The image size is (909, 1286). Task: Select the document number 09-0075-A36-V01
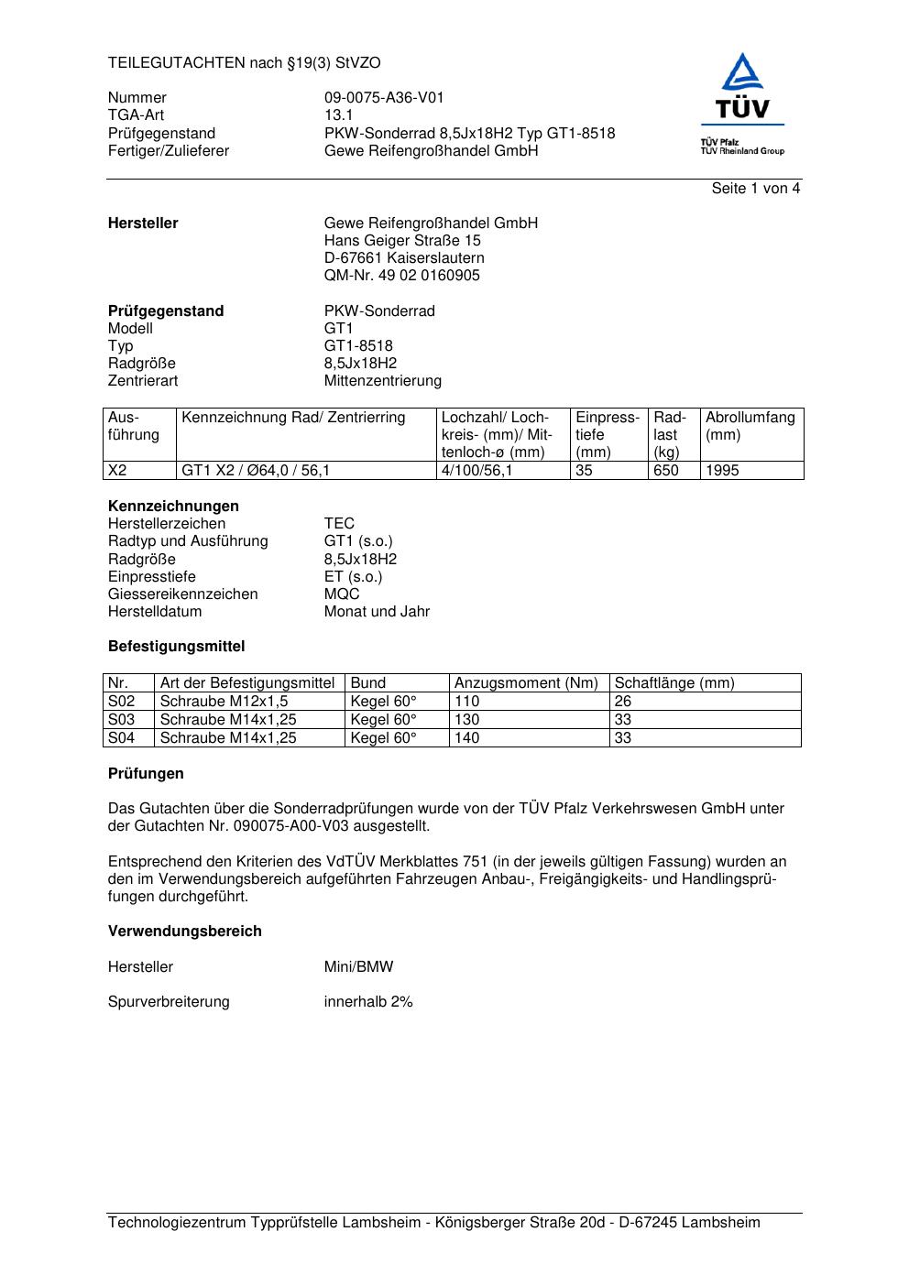pyautogui.click(x=384, y=98)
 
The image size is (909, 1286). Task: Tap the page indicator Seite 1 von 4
pyautogui.click(x=755, y=189)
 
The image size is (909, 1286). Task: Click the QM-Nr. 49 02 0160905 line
pyautogui.click(x=401, y=276)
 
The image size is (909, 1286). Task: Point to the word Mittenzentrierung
pyautogui.click(x=382, y=381)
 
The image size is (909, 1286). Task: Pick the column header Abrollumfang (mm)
pyautogui.click(x=750, y=426)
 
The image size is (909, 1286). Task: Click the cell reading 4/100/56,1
pyautogui.click(x=476, y=471)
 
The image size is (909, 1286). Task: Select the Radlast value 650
pyautogui.click(x=666, y=471)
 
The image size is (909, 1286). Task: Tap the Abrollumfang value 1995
pyautogui.click(x=722, y=471)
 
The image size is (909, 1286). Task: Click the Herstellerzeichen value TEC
pyautogui.click(x=339, y=524)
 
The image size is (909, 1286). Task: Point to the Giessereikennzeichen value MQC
pyautogui.click(x=342, y=594)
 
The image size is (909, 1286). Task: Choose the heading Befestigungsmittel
pyautogui.click(x=176, y=647)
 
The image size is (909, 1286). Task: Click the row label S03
pyautogui.click(x=122, y=720)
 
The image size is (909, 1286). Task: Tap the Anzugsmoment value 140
pyautogui.click(x=467, y=738)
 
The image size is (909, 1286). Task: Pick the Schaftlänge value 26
pyautogui.click(x=623, y=702)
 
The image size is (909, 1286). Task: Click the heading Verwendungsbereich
pyautogui.click(x=184, y=932)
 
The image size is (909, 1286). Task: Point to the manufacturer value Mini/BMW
pyautogui.click(x=358, y=967)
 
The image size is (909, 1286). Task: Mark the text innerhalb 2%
pyautogui.click(x=368, y=1002)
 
